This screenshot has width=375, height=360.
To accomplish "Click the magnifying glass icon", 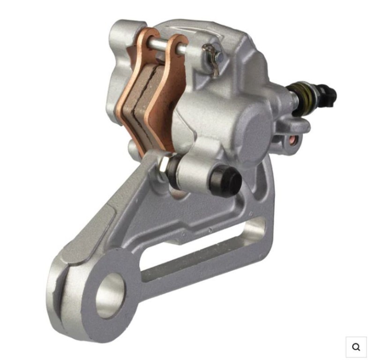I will pyautogui.click(x=356, y=347).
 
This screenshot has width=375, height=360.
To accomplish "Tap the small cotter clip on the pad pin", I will pyautogui.click(x=212, y=57).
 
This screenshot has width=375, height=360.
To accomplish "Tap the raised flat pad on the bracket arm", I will pyautogui.click(x=89, y=239).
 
